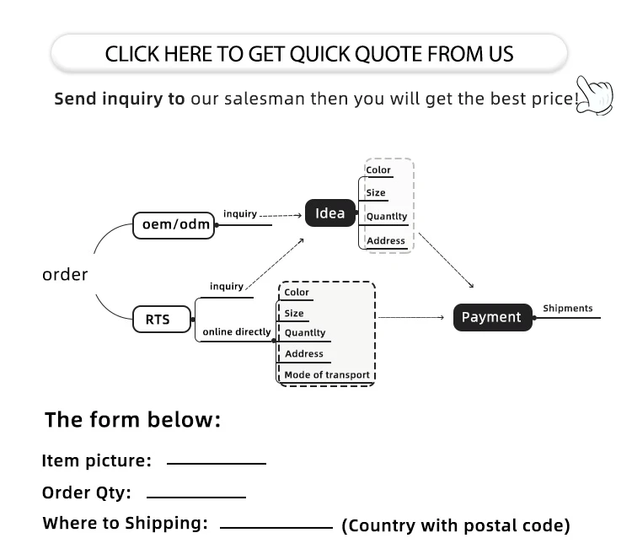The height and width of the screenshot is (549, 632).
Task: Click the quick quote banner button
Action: pos(308,55)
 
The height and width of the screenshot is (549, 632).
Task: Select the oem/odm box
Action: pos(174,225)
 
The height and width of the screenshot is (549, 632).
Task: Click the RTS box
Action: pos(158,320)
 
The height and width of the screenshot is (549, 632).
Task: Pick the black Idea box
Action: pos(329,213)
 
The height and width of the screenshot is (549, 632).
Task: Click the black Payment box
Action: pos(492,317)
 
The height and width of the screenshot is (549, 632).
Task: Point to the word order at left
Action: pos(65,275)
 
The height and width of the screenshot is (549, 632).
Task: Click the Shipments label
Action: pos(567,309)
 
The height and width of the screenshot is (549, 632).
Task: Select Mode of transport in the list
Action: pos(326,374)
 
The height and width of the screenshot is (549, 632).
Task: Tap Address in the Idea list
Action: pos(386,241)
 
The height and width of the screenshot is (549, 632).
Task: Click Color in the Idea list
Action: pos(378,170)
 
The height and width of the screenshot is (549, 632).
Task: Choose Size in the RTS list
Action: pos(294,313)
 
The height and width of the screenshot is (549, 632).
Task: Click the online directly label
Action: pos(237,332)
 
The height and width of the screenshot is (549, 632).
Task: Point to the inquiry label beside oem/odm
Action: pos(240,214)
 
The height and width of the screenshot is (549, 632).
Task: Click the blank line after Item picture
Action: pos(217,463)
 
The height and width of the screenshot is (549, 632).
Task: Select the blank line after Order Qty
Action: pos(195,496)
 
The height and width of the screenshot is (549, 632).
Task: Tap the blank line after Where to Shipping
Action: pos(276,527)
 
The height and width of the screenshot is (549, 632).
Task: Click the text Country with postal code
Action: pos(455,526)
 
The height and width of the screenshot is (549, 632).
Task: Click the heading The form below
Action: pos(132,420)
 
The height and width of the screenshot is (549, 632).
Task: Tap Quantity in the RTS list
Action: pos(305,333)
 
